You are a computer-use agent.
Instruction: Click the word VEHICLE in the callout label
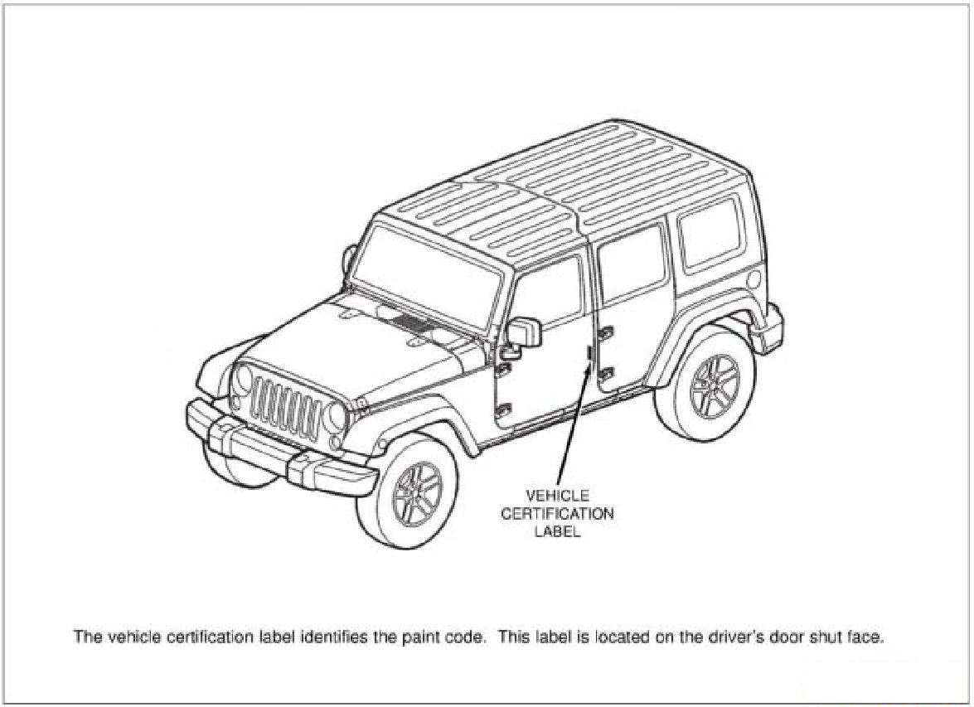[x=557, y=496]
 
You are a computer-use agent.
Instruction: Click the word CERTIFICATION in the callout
[x=557, y=514]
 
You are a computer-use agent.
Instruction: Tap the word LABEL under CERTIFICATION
[x=557, y=531]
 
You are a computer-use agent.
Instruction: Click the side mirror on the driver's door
[x=525, y=332]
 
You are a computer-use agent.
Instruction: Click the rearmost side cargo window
[x=710, y=231]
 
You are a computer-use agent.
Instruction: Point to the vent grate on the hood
[x=412, y=323]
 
